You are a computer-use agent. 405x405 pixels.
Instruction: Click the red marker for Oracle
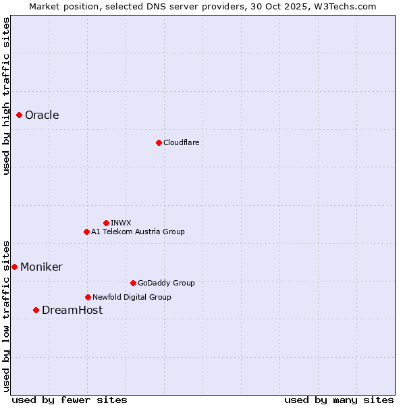20,115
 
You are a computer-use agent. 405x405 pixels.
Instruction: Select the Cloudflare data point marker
159,142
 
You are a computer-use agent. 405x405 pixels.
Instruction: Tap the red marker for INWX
106,223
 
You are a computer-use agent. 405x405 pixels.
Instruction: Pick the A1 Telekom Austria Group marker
86,232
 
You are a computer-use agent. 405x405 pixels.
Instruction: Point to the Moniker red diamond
14,267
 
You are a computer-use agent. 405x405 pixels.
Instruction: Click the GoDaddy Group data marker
133,283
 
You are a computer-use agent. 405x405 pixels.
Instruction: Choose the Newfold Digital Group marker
88,297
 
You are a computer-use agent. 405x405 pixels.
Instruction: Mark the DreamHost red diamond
36,310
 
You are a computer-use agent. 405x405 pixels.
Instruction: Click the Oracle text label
42,115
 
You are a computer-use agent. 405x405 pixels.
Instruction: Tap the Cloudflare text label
181,142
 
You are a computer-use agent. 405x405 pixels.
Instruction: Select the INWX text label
121,223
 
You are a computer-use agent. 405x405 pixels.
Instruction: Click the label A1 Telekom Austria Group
138,232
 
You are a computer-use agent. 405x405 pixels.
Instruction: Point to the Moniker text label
41,267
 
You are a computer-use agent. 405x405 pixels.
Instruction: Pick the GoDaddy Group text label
165,283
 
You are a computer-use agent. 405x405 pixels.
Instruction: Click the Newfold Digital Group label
132,297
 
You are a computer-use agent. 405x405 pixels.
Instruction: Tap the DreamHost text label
72,310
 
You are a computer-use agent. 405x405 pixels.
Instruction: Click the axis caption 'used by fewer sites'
70,400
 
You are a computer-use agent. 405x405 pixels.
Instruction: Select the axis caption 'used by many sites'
339,400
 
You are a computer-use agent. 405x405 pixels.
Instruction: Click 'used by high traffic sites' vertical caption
6,96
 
